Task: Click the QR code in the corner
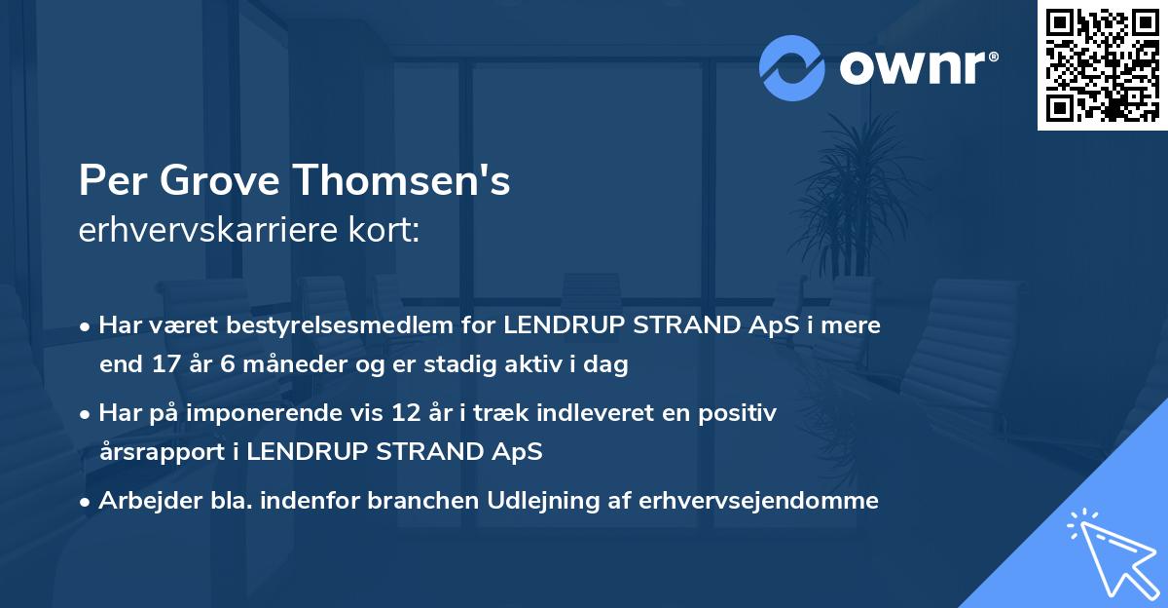click(x=1102, y=64)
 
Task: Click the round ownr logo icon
click(x=792, y=68)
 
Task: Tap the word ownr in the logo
click(x=918, y=68)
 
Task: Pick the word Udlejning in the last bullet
click(x=564, y=501)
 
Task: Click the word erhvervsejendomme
click(x=758, y=501)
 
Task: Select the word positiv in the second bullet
click(x=742, y=413)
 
